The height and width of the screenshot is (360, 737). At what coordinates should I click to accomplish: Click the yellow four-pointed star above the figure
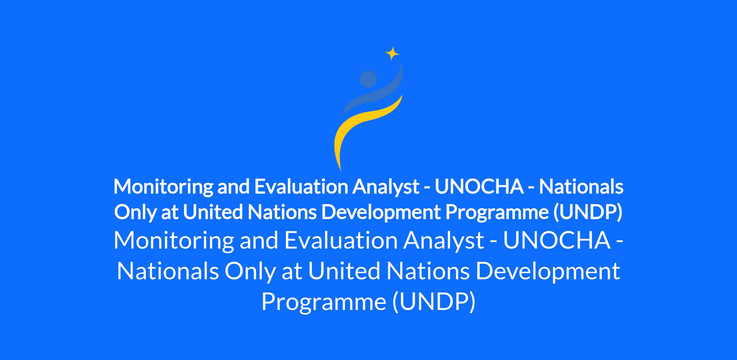pos(392,54)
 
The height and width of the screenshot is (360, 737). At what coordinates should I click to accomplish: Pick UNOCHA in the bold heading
pos(479,186)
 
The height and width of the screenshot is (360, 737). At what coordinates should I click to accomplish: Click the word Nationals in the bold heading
pos(581,186)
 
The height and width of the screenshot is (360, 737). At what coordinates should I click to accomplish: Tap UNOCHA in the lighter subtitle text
pos(557,240)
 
